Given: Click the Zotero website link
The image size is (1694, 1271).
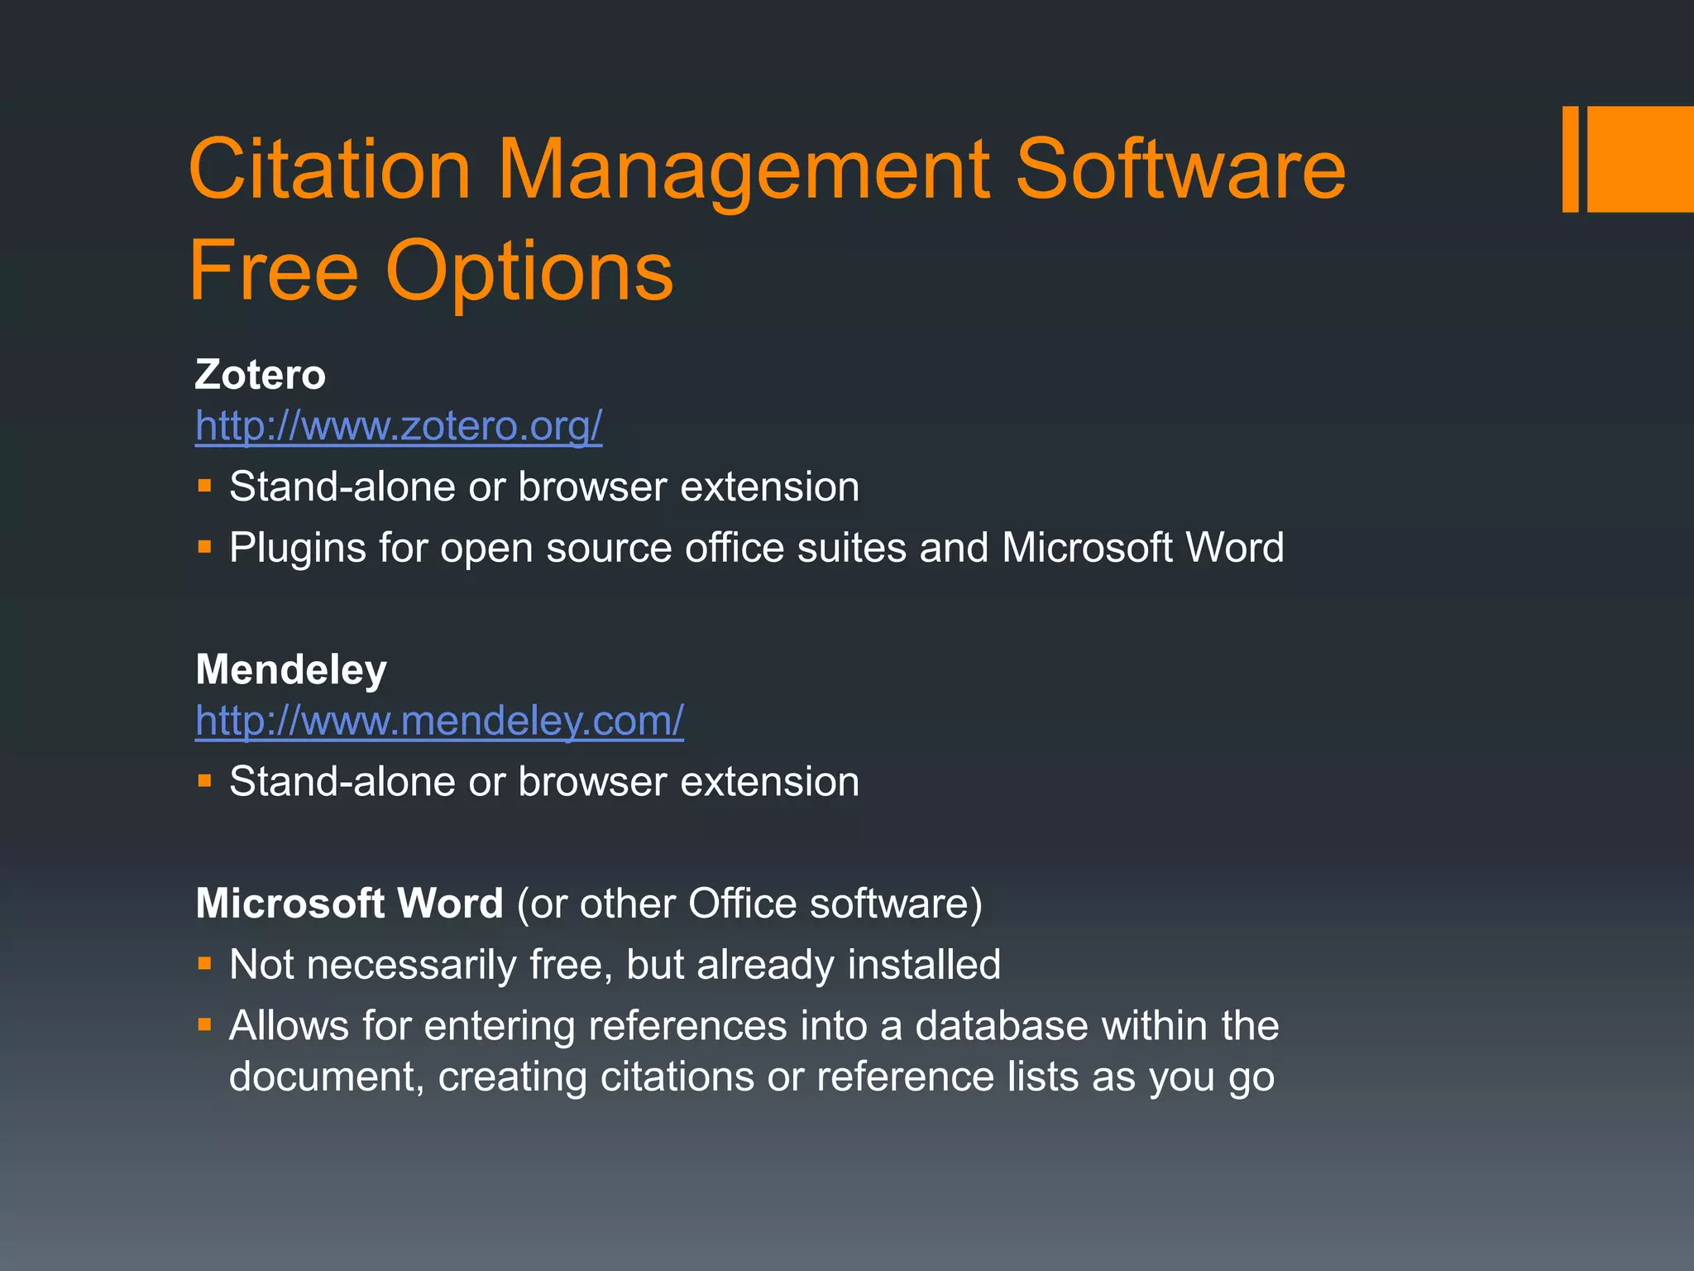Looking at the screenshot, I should (399, 426).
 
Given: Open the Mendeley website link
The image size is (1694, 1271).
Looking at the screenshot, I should (439, 721).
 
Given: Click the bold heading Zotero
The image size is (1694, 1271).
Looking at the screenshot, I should (261, 374).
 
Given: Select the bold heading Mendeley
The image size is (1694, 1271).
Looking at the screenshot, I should (291, 669).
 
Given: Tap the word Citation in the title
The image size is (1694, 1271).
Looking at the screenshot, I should (329, 170).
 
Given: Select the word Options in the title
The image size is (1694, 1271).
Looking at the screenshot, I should (529, 271).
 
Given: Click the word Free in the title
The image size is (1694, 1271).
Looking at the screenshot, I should (273, 271).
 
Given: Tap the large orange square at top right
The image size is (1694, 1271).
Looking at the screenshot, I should (1640, 159).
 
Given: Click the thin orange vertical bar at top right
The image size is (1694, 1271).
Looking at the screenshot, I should (1570, 159).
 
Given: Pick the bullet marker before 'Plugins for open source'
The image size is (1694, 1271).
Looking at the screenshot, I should (205, 547).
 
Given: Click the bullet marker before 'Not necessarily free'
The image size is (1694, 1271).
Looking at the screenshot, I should (205, 963).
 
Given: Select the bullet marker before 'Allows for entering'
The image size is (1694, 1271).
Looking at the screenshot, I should (205, 1025).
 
